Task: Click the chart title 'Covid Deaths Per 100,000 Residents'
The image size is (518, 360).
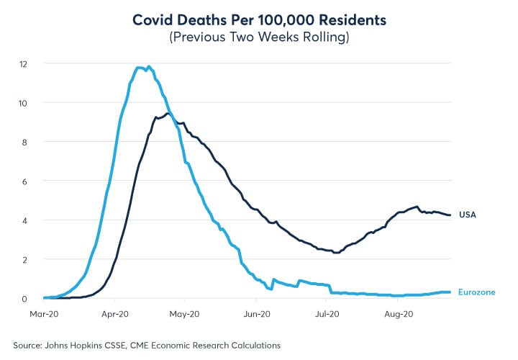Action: [259, 21]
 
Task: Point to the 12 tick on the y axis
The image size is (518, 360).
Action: [24, 64]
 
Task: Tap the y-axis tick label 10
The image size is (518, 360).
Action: [24, 103]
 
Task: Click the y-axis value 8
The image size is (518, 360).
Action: [25, 142]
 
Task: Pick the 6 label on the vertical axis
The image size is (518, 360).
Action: [25, 181]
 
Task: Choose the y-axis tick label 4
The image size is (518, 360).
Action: [25, 220]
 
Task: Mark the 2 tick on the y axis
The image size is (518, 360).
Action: [25, 258]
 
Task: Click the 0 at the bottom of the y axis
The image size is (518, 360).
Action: [25, 297]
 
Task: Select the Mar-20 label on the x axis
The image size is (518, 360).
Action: [43, 314]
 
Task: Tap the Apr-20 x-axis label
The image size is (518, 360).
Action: [114, 314]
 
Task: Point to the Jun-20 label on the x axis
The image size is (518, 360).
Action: [256, 314]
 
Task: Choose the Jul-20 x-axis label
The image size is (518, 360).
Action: [327, 314]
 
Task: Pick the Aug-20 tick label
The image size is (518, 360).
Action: [398, 314]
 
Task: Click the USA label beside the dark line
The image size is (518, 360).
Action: [468, 215]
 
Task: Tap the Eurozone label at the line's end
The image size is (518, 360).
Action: [477, 292]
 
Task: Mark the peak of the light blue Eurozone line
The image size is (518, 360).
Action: [149, 67]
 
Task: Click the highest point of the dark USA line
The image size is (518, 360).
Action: [168, 113]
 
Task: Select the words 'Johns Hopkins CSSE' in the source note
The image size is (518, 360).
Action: [87, 345]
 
